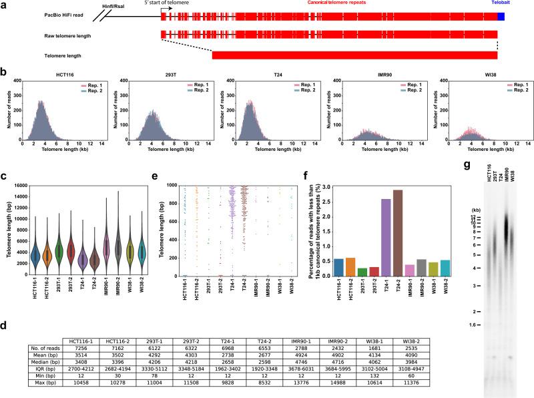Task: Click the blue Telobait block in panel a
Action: point(501,15)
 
